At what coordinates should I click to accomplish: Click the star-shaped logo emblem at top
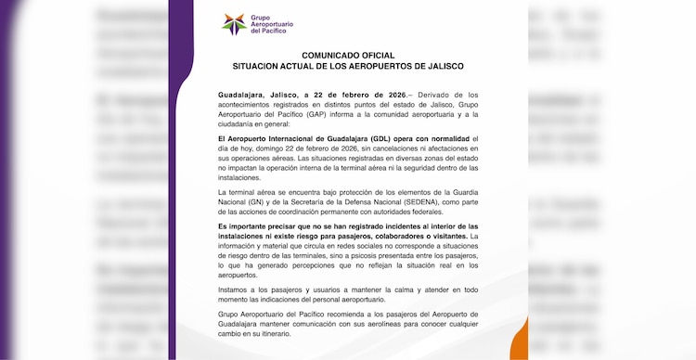235,23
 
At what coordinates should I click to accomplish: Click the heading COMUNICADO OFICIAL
348,56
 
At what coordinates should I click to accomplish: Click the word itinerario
299,337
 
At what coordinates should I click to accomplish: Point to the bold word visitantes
449,236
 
